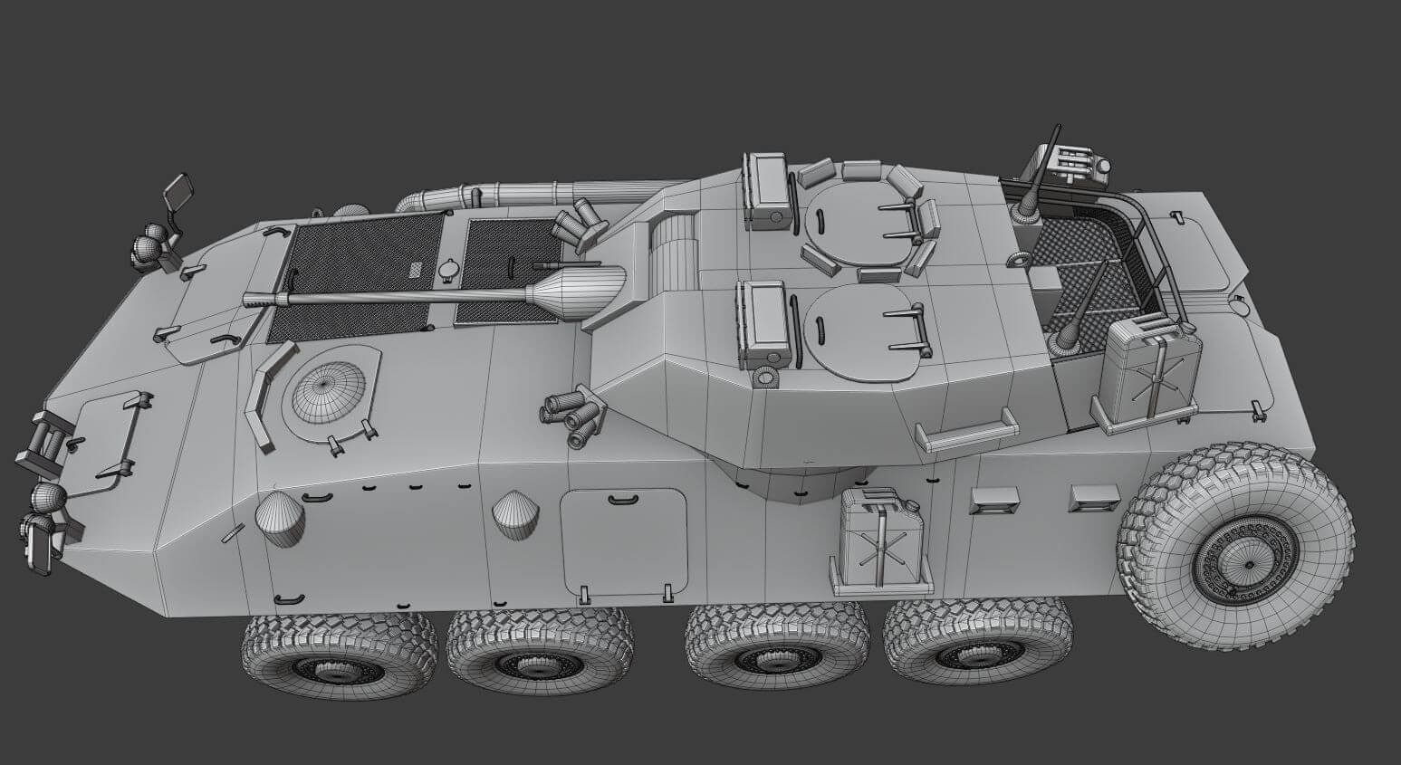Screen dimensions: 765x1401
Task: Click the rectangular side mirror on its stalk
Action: tap(178, 191)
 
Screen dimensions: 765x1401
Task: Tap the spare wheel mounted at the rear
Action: tap(1237, 543)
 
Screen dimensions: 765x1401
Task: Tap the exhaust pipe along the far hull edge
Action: tap(507, 193)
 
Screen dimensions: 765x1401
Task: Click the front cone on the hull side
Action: tap(279, 519)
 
